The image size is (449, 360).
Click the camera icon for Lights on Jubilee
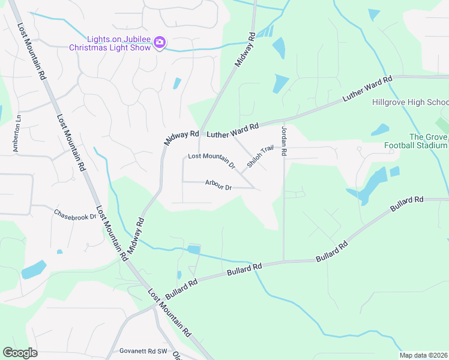coord(160,42)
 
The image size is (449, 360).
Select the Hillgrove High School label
coord(410,102)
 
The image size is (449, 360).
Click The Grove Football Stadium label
coord(415,141)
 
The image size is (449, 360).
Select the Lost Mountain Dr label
coord(211,160)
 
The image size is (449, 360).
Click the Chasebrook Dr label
coord(75,214)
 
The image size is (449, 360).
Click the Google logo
coord(20,353)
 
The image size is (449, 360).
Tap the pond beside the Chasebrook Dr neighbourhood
coord(34,269)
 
